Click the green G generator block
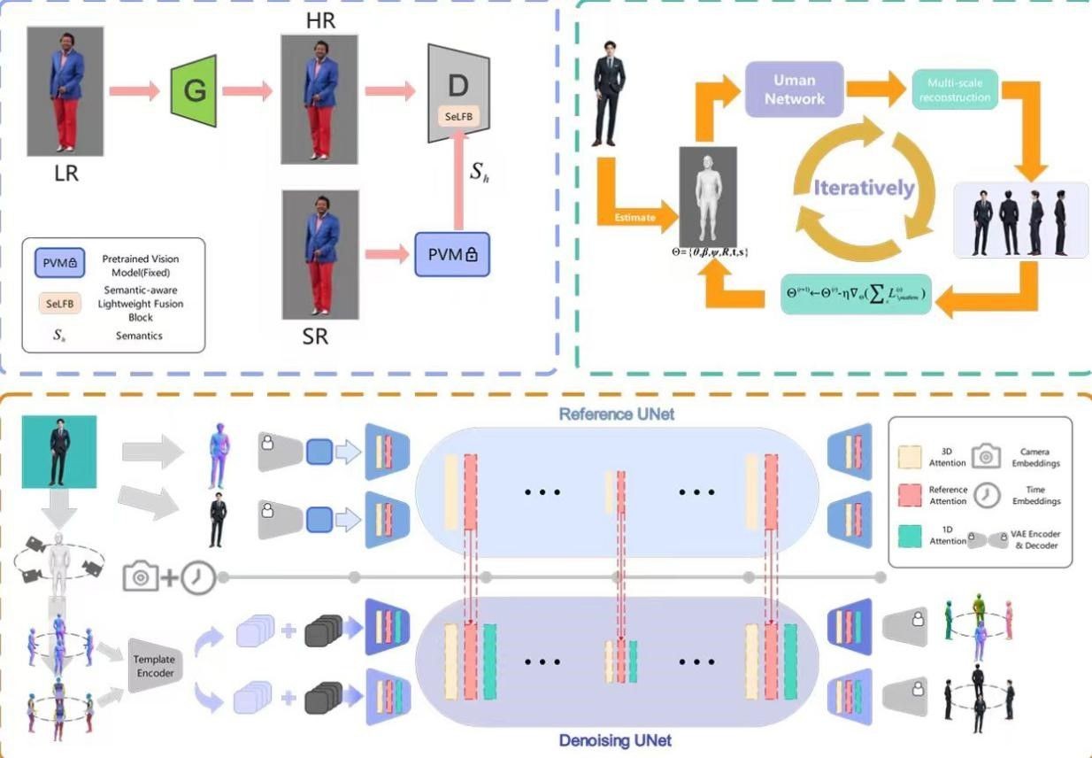click(x=194, y=89)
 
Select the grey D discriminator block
click(x=458, y=89)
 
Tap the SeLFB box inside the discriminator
click(x=457, y=116)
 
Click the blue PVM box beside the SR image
click(x=451, y=254)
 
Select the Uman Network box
click(x=794, y=89)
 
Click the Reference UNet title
click(x=617, y=414)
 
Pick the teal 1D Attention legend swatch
click(x=909, y=536)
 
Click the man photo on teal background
click(x=58, y=452)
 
